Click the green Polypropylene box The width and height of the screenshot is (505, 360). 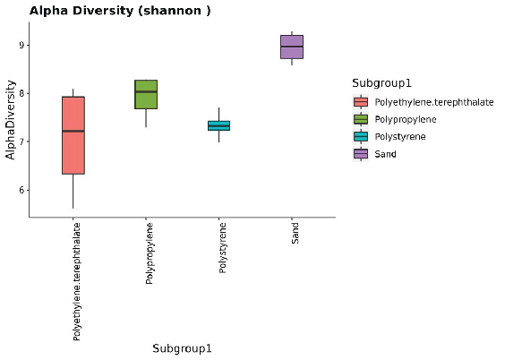146,94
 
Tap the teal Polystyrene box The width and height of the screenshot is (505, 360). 218,125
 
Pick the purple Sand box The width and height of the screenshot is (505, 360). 292,47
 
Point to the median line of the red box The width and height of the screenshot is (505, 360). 73,131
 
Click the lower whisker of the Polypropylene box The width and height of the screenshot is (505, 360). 146,117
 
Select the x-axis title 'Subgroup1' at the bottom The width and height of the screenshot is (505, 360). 182,348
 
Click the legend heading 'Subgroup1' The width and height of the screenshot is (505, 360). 381,83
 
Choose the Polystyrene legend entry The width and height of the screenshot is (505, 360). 399,137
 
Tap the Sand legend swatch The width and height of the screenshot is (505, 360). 361,154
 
